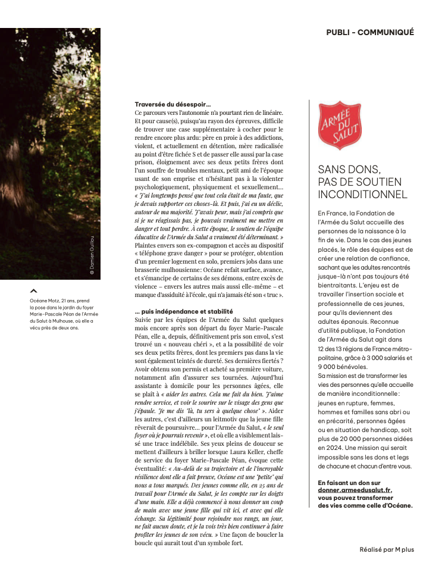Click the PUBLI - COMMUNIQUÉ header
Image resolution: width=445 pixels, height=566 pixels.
click(369, 33)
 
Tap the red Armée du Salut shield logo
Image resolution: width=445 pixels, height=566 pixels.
click(340, 126)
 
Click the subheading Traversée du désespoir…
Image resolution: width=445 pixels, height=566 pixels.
click(164, 105)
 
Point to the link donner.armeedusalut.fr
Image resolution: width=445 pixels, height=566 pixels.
click(355, 490)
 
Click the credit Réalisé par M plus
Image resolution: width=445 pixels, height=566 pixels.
click(386, 549)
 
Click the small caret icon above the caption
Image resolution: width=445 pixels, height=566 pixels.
click(33, 291)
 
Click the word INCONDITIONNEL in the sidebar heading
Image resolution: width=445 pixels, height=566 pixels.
click(362, 195)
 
